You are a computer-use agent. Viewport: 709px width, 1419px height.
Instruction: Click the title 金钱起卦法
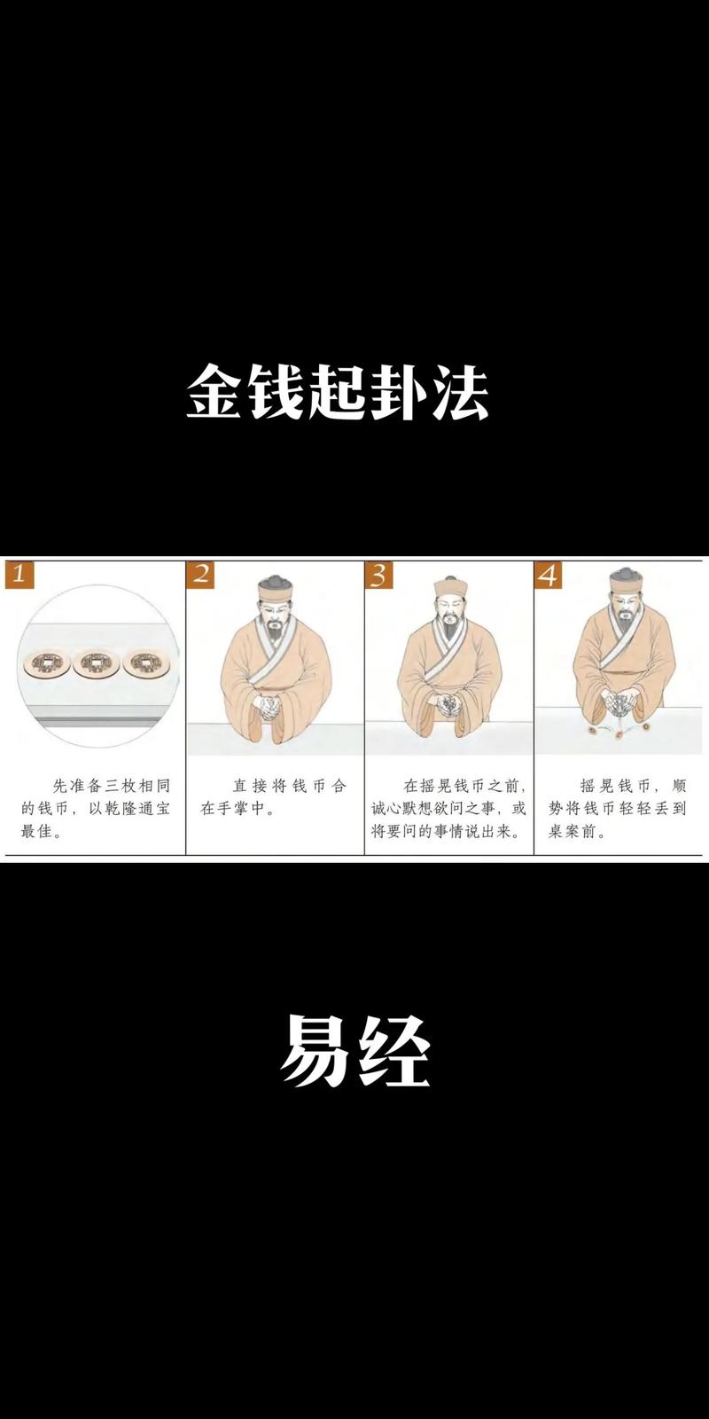tap(338, 391)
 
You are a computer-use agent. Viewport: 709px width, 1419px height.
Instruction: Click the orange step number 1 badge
tap(19, 574)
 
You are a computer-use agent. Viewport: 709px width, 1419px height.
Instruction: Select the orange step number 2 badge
tap(200, 574)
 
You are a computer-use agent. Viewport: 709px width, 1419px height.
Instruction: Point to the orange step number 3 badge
tap(378, 575)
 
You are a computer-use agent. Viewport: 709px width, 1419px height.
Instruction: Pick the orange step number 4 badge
tap(549, 575)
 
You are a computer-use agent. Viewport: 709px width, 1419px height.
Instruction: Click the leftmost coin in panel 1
tap(43, 663)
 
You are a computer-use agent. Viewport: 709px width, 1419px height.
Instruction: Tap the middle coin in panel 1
tap(96, 663)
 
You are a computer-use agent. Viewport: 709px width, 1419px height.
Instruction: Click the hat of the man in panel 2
tap(274, 587)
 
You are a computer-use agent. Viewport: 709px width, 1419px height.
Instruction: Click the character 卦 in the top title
tap(399, 391)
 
